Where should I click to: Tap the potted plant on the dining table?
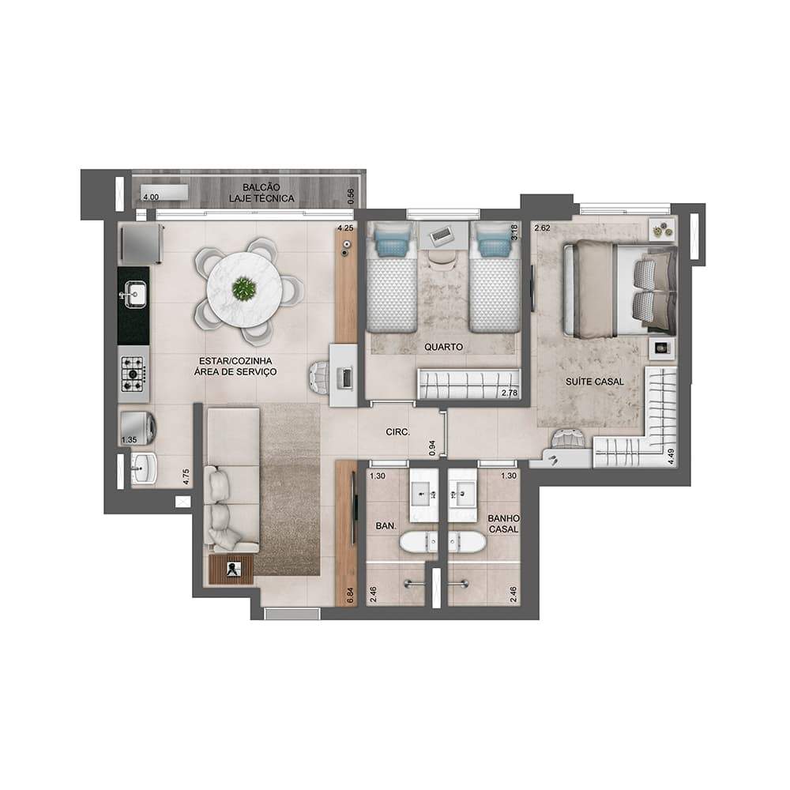click(x=244, y=288)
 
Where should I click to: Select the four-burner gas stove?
click(x=134, y=374)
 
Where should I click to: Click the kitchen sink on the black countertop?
click(x=135, y=295)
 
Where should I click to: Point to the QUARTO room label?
click(x=443, y=347)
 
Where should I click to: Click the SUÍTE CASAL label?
click(x=595, y=382)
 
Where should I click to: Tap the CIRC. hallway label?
click(x=398, y=432)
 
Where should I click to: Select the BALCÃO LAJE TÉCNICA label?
click(x=261, y=193)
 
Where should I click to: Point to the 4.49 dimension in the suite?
click(x=670, y=456)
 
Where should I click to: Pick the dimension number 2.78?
click(x=510, y=393)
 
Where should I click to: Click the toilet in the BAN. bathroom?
click(x=419, y=543)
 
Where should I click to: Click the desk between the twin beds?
click(x=443, y=235)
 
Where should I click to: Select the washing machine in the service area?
click(x=137, y=428)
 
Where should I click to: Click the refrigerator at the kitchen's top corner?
click(x=141, y=244)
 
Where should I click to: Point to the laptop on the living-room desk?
click(x=347, y=378)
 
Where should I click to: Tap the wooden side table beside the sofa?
click(x=231, y=570)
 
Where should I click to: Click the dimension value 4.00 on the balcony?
click(x=151, y=197)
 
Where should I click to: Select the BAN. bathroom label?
click(x=386, y=526)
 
